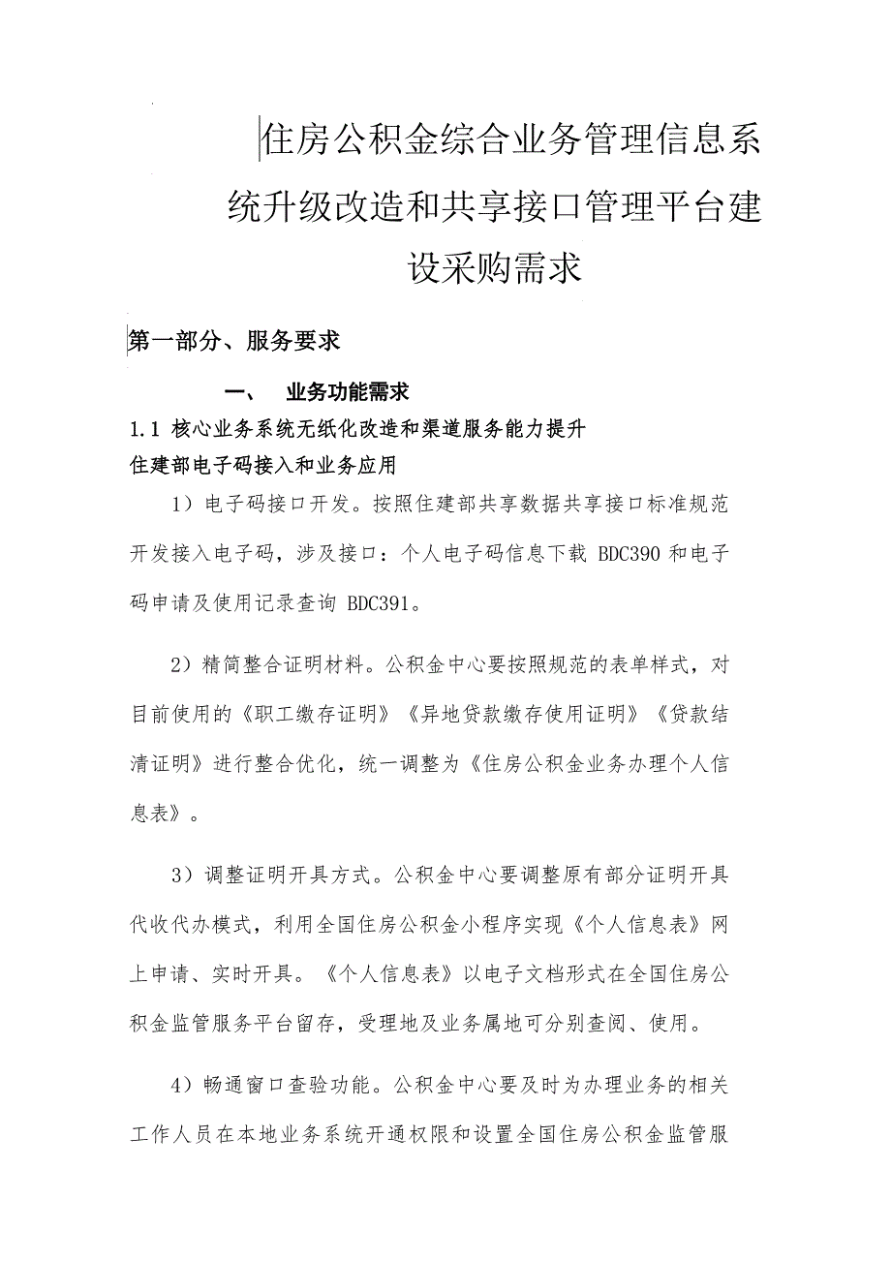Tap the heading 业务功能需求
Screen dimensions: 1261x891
click(x=348, y=392)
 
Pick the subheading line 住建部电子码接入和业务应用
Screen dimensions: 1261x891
click(x=263, y=465)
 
